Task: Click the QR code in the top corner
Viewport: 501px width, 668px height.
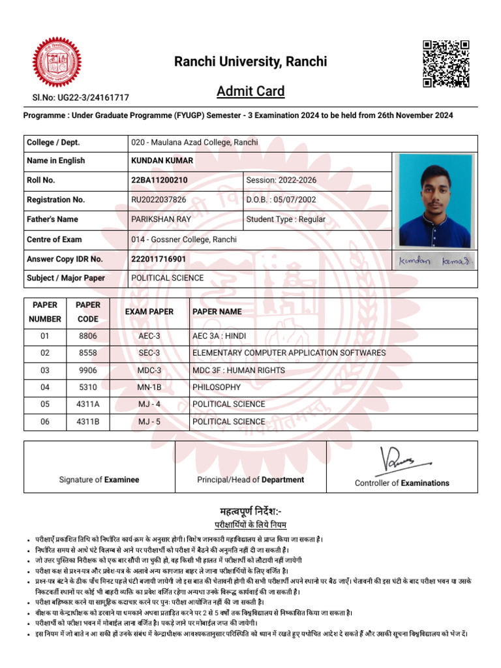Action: pyautogui.click(x=446, y=64)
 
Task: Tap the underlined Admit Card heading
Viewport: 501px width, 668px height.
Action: pyautogui.click(x=250, y=91)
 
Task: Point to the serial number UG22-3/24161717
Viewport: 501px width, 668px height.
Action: pyautogui.click(x=81, y=98)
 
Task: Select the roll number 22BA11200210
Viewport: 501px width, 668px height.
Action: pyautogui.click(x=160, y=180)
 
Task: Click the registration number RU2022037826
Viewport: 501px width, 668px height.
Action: pyautogui.click(x=159, y=200)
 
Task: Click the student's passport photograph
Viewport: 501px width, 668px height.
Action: pyautogui.click(x=435, y=200)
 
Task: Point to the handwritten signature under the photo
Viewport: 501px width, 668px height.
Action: pyautogui.click(x=435, y=261)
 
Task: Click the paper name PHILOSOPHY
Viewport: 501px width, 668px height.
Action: pyautogui.click(x=217, y=387)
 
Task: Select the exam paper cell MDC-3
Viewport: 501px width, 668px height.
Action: pyautogui.click(x=149, y=371)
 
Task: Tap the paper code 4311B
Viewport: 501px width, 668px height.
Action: pyautogui.click(x=88, y=421)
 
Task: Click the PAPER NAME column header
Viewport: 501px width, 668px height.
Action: pyautogui.click(x=217, y=312)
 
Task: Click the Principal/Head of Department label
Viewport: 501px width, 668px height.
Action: pyautogui.click(x=250, y=479)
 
